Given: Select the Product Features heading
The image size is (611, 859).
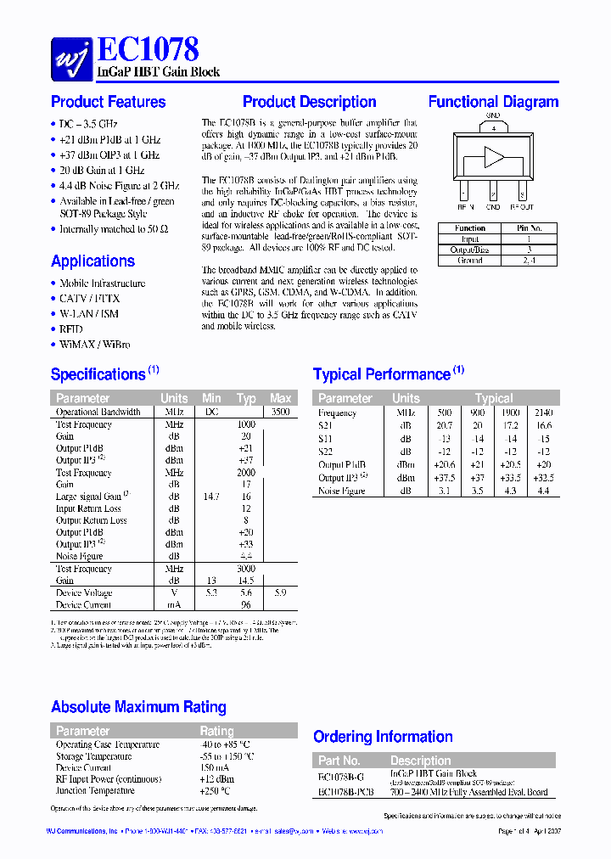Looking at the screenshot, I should pos(109,102).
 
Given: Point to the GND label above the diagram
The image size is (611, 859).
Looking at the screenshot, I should pos(493,115).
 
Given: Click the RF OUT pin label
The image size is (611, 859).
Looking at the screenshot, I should pos(522,206).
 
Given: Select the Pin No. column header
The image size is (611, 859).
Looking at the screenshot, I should pos(529,228).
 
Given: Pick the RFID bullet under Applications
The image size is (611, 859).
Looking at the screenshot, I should pos(71,328).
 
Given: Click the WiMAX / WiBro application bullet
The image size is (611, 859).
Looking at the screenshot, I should pos(94,345).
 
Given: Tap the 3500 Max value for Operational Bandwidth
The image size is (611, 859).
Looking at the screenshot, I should pos(280,412).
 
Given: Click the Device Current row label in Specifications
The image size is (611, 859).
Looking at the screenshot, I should pos(84,605).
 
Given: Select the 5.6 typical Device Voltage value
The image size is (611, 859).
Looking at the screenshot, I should pos(246,593).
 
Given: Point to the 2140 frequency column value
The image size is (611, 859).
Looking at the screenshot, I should pos(543,413).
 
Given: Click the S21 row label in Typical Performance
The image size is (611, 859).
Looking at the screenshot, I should pos(326,425).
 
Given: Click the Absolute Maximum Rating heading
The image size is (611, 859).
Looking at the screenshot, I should pos(138,707).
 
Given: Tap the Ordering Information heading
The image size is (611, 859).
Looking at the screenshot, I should pos(383,737).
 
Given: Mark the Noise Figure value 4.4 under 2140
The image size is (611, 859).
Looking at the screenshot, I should pos(543,491).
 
